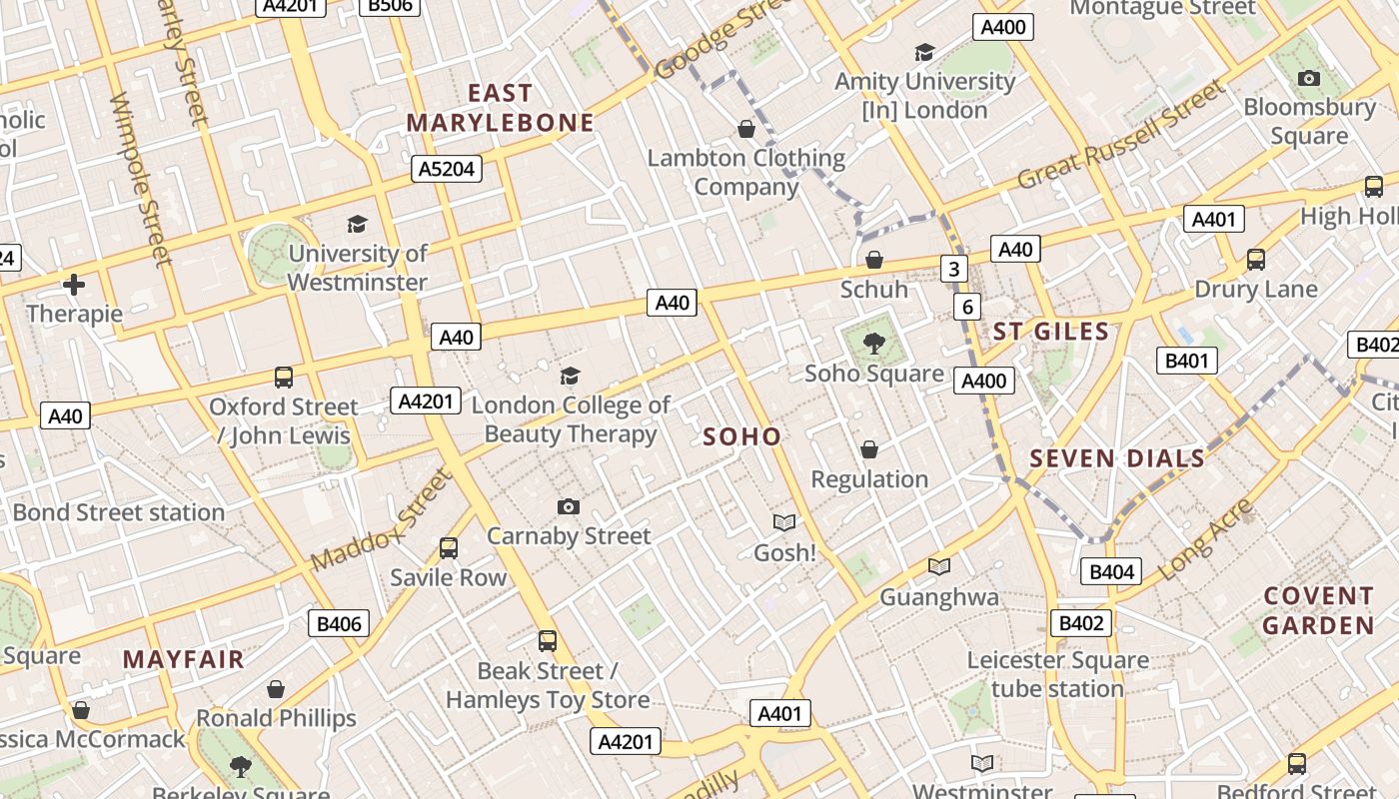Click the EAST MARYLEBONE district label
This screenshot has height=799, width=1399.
501,108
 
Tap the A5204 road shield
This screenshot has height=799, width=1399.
447,169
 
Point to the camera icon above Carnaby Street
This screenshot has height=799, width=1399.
569,507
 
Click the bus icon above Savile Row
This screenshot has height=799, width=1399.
449,548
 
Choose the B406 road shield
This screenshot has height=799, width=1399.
339,624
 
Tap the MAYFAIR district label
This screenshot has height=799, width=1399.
184,659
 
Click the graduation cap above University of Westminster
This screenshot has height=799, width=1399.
357,225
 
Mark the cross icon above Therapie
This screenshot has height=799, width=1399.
74,286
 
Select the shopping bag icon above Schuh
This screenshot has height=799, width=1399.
874,261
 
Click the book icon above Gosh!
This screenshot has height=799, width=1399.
784,523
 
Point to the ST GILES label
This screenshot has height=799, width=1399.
1050,332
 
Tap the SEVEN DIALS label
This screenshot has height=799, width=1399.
1117,458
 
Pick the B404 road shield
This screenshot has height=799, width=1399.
1111,572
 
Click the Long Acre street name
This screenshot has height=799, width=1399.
1205,539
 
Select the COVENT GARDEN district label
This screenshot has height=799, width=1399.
1318,610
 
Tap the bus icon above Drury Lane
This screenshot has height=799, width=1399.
1256,261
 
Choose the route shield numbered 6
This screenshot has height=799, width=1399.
966,307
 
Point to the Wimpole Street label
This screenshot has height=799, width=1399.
142,180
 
